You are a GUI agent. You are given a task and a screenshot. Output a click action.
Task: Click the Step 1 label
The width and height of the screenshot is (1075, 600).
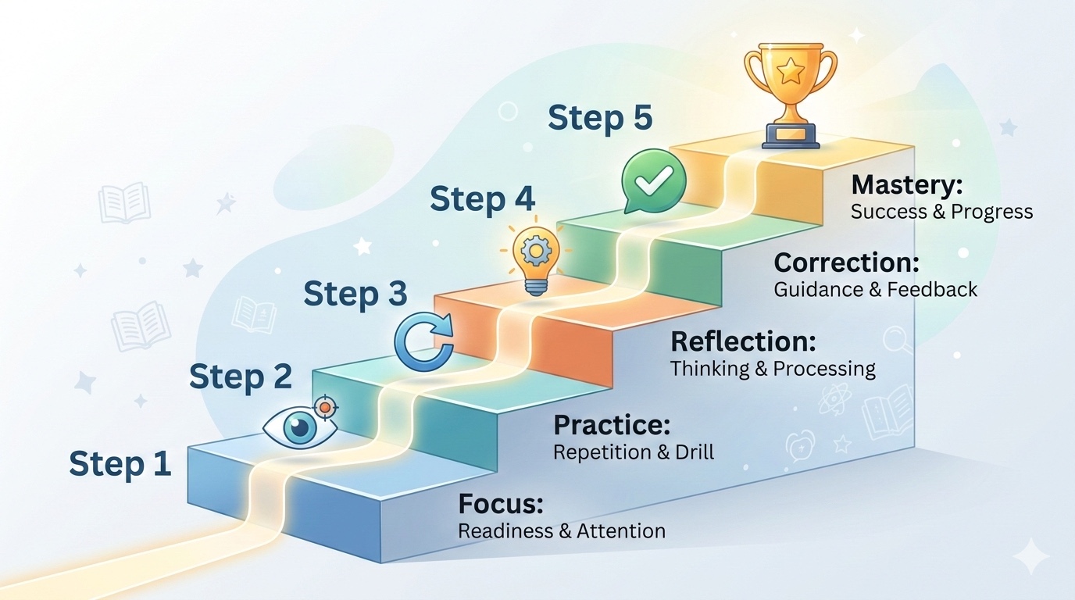(x=120, y=464)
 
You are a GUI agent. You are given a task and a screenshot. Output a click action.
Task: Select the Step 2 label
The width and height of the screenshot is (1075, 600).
(x=241, y=377)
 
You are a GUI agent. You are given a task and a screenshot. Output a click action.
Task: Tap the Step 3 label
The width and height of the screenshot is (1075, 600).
(x=355, y=295)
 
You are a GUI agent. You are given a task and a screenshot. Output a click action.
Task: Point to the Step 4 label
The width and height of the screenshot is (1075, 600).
(x=482, y=200)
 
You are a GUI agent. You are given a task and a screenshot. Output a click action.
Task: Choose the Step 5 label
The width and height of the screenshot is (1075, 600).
(x=600, y=119)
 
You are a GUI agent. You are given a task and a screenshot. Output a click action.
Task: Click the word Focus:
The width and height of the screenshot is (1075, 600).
(x=501, y=504)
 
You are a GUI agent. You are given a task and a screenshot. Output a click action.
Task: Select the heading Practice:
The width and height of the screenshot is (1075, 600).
(x=612, y=425)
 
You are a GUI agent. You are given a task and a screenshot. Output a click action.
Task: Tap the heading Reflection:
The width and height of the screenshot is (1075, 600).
(x=743, y=341)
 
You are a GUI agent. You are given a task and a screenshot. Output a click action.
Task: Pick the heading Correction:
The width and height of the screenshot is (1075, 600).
(x=847, y=262)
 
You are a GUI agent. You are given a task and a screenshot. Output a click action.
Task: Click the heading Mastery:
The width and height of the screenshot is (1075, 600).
(x=907, y=185)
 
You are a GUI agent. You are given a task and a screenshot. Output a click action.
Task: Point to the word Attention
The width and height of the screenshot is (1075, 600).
(x=621, y=531)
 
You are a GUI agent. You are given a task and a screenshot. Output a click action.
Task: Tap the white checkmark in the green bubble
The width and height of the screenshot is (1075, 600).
(x=654, y=182)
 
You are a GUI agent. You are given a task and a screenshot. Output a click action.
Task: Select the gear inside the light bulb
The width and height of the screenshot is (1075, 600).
(x=536, y=251)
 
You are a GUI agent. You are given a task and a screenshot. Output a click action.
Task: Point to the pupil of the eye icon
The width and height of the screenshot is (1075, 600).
(x=299, y=427)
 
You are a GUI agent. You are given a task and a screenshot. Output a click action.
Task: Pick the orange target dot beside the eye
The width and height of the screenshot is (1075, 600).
(x=325, y=408)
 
